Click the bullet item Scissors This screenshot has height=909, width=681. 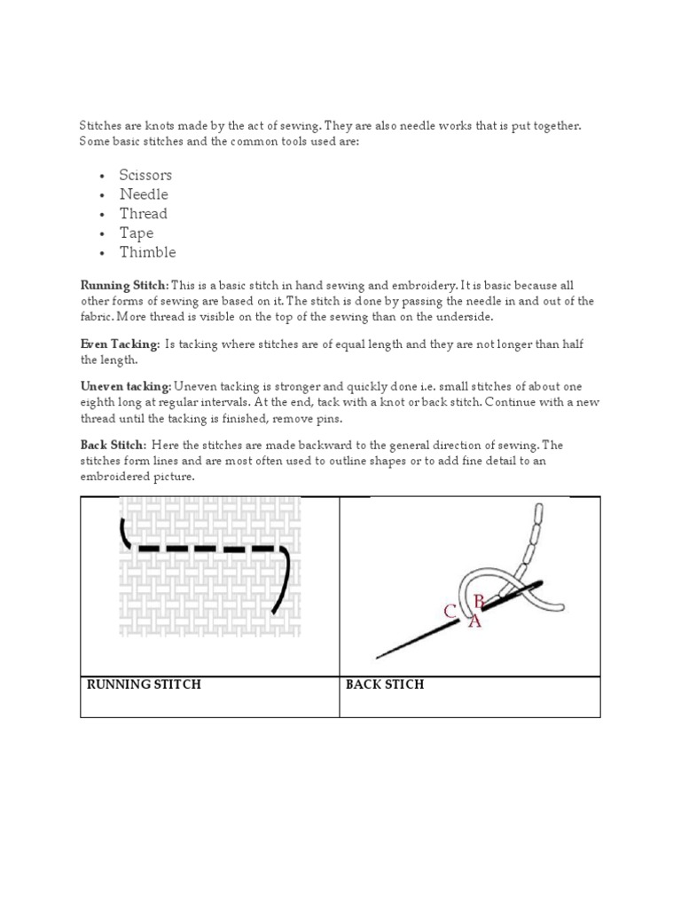pyautogui.click(x=145, y=175)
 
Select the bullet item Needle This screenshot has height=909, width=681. pyautogui.click(x=144, y=194)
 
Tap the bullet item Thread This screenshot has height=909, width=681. pyautogui.click(x=144, y=214)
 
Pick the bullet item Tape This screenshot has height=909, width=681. pyautogui.click(x=137, y=233)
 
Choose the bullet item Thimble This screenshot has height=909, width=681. pyautogui.click(x=148, y=252)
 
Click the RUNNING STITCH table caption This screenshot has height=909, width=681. pyautogui.click(x=143, y=684)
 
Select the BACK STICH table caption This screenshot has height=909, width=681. pyautogui.click(x=385, y=684)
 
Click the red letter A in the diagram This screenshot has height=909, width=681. pyautogui.click(x=474, y=622)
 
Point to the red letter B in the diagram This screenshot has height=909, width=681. pyautogui.click(x=479, y=601)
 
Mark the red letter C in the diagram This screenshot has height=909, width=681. pyautogui.click(x=450, y=612)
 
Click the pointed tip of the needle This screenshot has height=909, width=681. pyautogui.click(x=379, y=658)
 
